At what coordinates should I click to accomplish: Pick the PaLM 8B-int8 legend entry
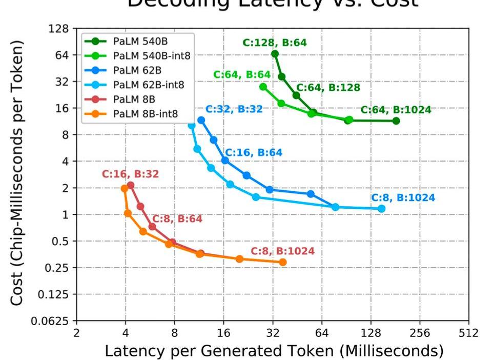point(146,113)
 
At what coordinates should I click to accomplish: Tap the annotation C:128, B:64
point(275,43)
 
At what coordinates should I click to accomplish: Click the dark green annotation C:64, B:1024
point(396,110)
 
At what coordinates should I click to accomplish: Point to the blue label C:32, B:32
point(234,109)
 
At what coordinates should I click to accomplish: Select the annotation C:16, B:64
point(253,153)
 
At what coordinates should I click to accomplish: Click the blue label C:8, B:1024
point(403,198)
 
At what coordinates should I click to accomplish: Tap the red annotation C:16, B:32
point(130,174)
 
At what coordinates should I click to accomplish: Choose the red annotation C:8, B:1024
point(282,252)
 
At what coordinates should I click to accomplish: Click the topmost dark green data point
point(275,54)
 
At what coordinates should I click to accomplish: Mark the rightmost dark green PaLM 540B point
point(396,121)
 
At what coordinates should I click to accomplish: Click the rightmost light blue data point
point(381,209)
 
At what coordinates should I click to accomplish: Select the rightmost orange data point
point(282,263)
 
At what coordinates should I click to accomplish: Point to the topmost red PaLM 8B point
point(130,185)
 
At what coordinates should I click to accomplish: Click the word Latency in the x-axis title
point(130,351)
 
